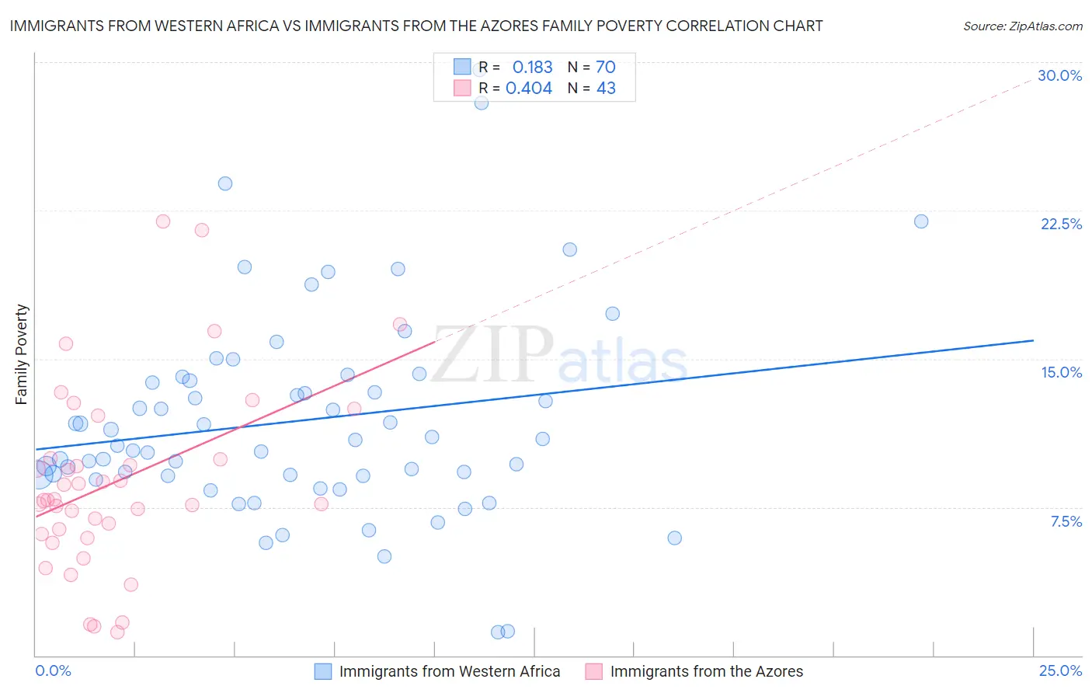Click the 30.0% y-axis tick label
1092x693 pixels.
1059,75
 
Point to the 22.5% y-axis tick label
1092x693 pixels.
1061,224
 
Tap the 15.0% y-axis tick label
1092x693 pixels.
1061,372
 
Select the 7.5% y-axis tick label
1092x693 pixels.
1066,521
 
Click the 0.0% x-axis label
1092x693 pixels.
53,670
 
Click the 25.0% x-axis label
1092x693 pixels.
1060,670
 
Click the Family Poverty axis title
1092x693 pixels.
22,354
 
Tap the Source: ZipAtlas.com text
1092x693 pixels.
1022,26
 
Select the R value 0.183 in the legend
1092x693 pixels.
532,67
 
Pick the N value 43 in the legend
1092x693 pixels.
606,88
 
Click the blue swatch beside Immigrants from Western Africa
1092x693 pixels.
323,671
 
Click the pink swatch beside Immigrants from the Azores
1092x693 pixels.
594,671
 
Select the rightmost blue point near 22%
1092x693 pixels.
921,221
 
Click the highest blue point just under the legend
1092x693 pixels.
482,103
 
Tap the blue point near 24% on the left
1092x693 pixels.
225,183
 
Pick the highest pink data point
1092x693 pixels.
163,221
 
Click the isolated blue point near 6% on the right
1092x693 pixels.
674,538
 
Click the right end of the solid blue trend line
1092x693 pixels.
1033,340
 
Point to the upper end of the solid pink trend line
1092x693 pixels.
434,342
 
